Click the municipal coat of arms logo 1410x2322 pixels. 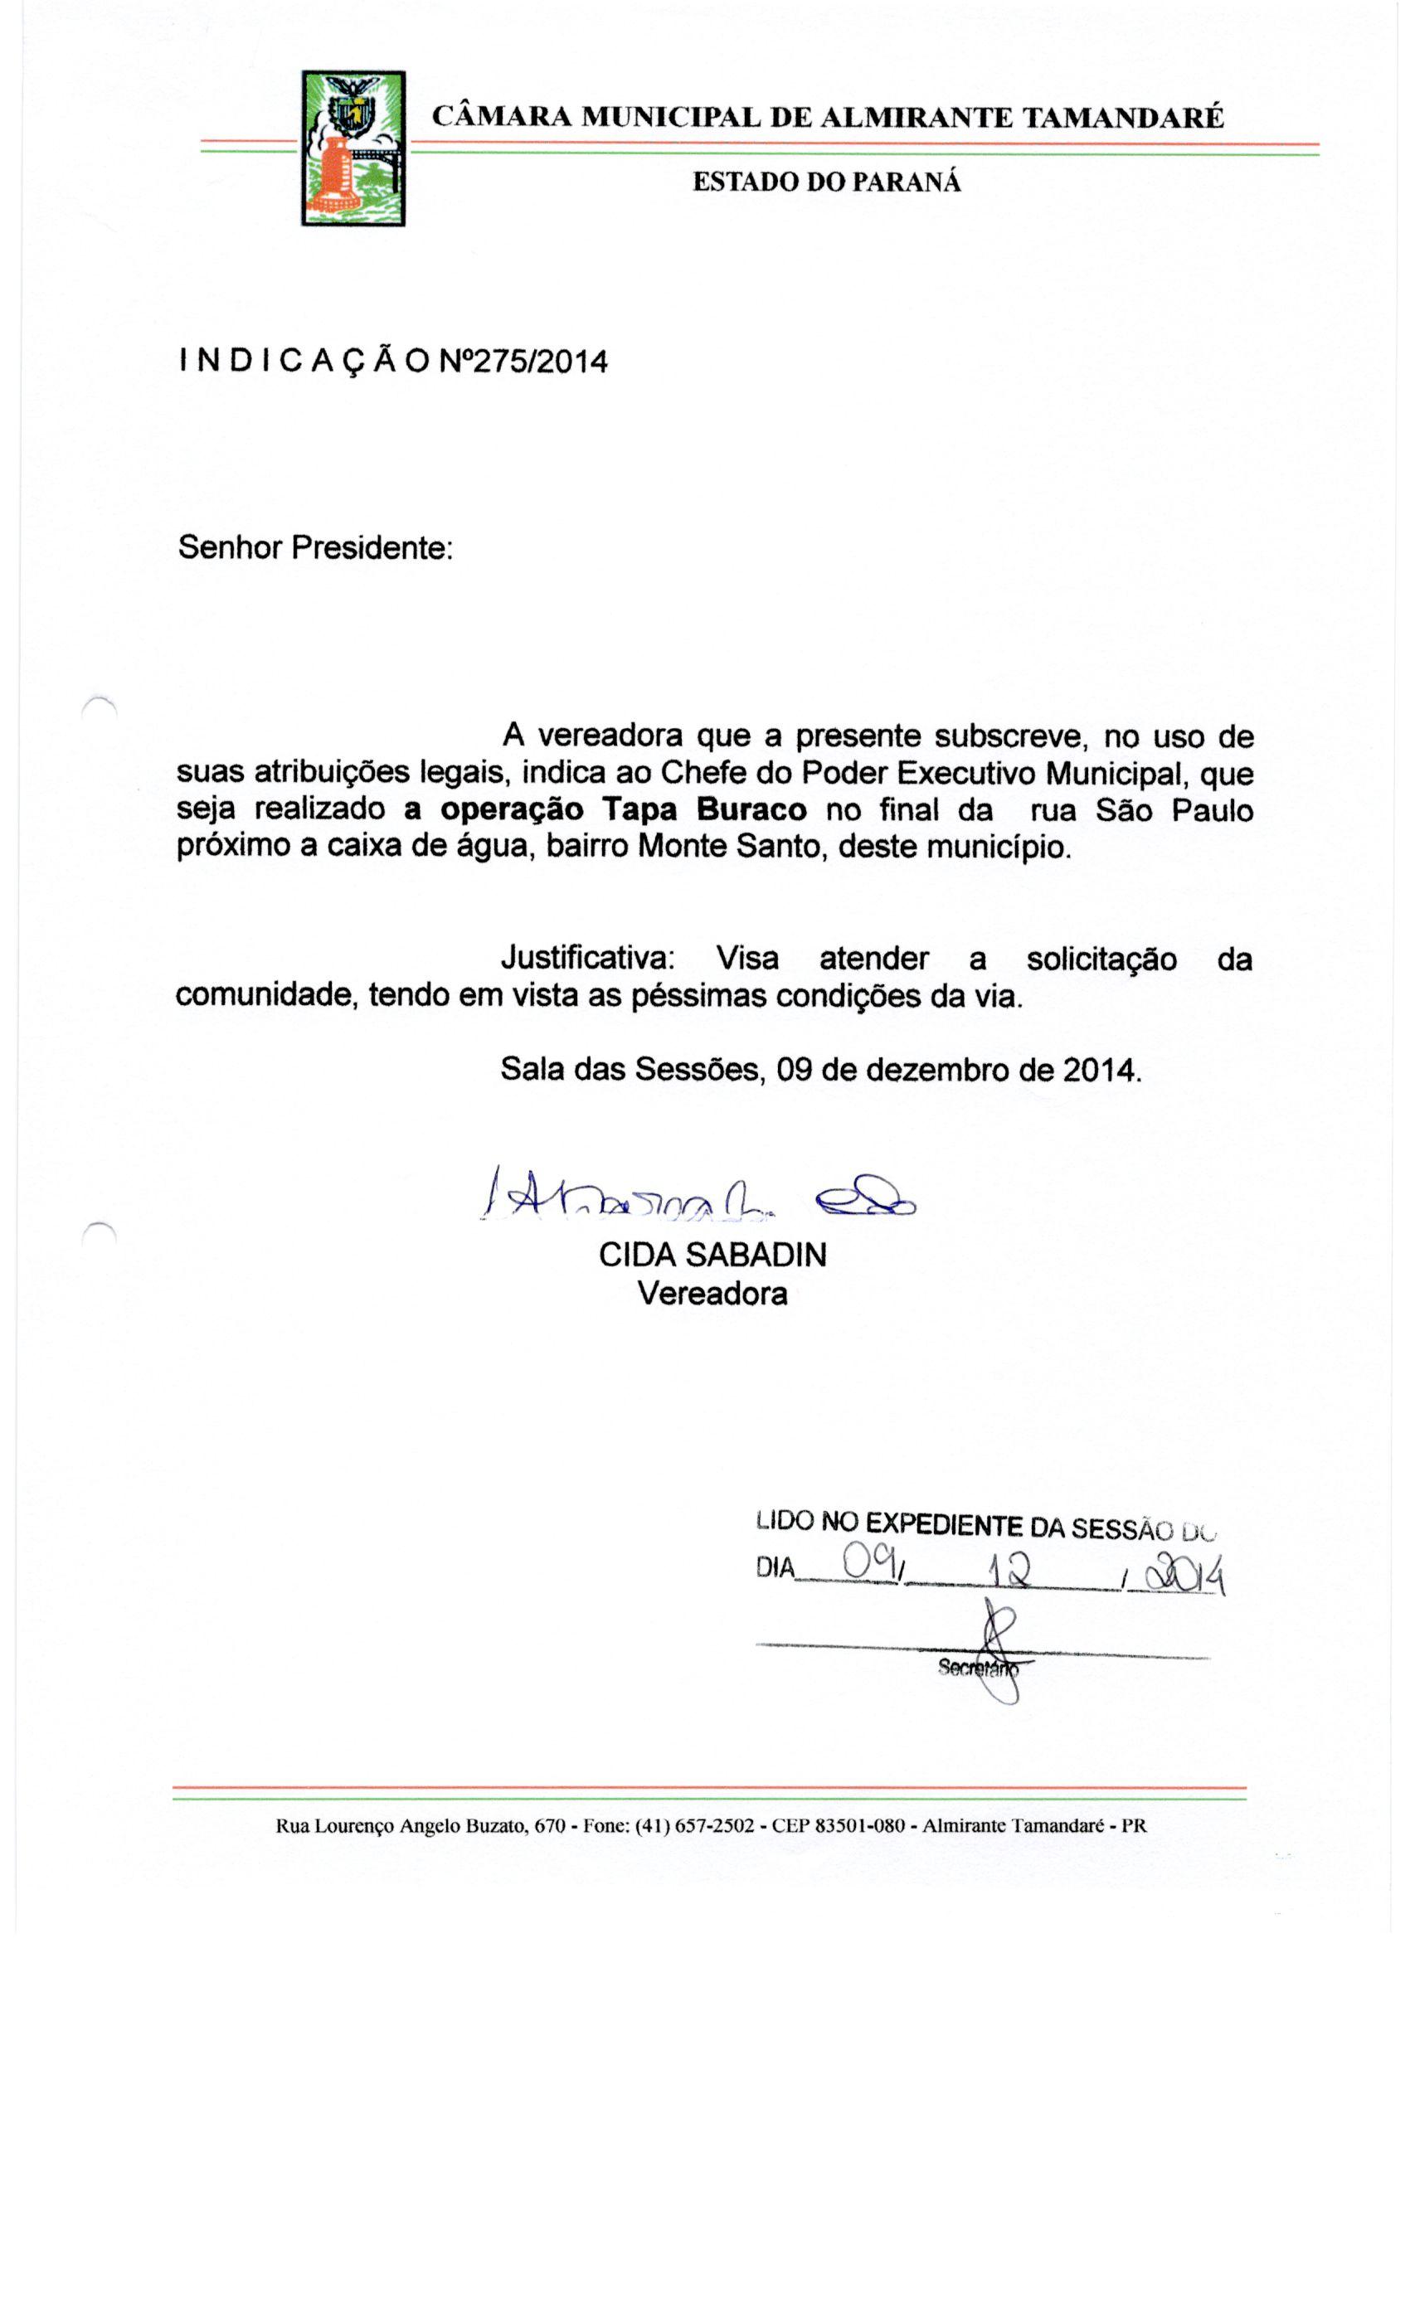(353, 148)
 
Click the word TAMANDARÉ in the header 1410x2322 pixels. (1122, 118)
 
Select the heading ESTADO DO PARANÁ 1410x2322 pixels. (827, 182)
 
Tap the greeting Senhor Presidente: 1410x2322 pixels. (316, 546)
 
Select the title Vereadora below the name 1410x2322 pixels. (712, 1293)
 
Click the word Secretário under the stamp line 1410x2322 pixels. (977, 1667)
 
